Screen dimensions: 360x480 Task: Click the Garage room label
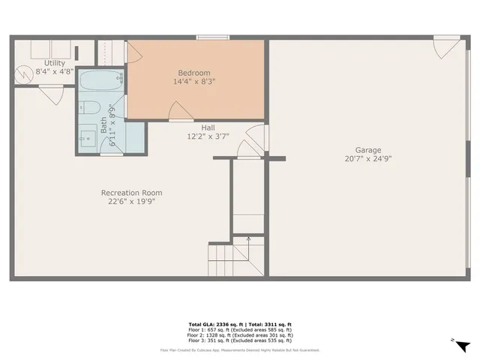click(x=368, y=150)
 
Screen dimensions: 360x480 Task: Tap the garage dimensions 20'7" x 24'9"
click(x=368, y=159)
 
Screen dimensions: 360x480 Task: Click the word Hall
click(x=208, y=127)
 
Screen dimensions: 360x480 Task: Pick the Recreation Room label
click(x=131, y=193)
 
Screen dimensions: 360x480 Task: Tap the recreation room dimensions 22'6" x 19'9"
click(x=131, y=202)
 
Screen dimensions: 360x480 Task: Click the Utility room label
click(x=55, y=63)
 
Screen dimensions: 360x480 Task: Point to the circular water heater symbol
click(x=25, y=74)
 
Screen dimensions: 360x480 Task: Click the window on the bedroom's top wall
click(x=213, y=37)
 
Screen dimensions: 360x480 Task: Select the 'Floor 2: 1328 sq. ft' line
click(x=240, y=336)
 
